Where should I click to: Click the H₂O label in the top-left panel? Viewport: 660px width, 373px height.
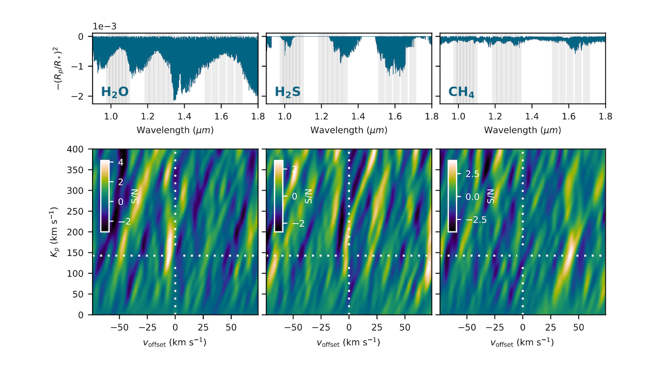point(114,93)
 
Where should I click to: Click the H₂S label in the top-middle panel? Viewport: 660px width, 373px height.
point(288,93)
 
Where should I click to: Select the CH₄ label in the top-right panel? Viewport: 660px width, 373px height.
point(462,93)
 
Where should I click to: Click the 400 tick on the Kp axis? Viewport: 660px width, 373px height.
point(81,149)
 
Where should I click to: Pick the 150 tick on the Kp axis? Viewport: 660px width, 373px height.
point(81,253)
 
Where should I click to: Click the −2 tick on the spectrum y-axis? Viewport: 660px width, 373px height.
point(83,97)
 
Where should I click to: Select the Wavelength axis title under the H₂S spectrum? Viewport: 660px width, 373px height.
point(349,130)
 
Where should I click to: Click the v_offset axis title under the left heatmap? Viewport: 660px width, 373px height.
point(175,342)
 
